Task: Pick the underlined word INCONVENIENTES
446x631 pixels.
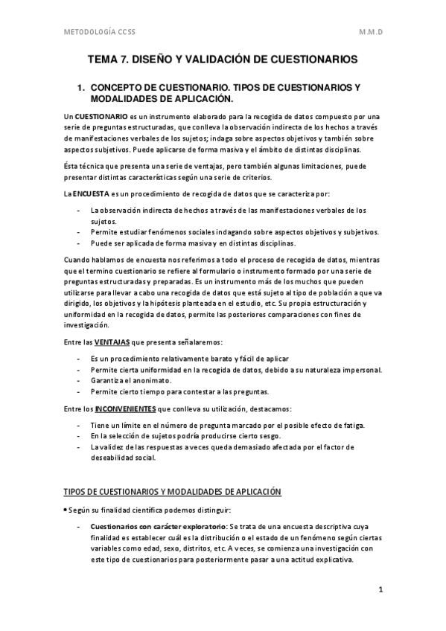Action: tap(125, 409)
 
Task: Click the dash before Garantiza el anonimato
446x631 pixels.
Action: tap(80, 381)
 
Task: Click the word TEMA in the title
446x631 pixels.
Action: tap(104, 58)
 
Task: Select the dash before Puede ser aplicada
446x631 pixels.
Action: tap(80, 243)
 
